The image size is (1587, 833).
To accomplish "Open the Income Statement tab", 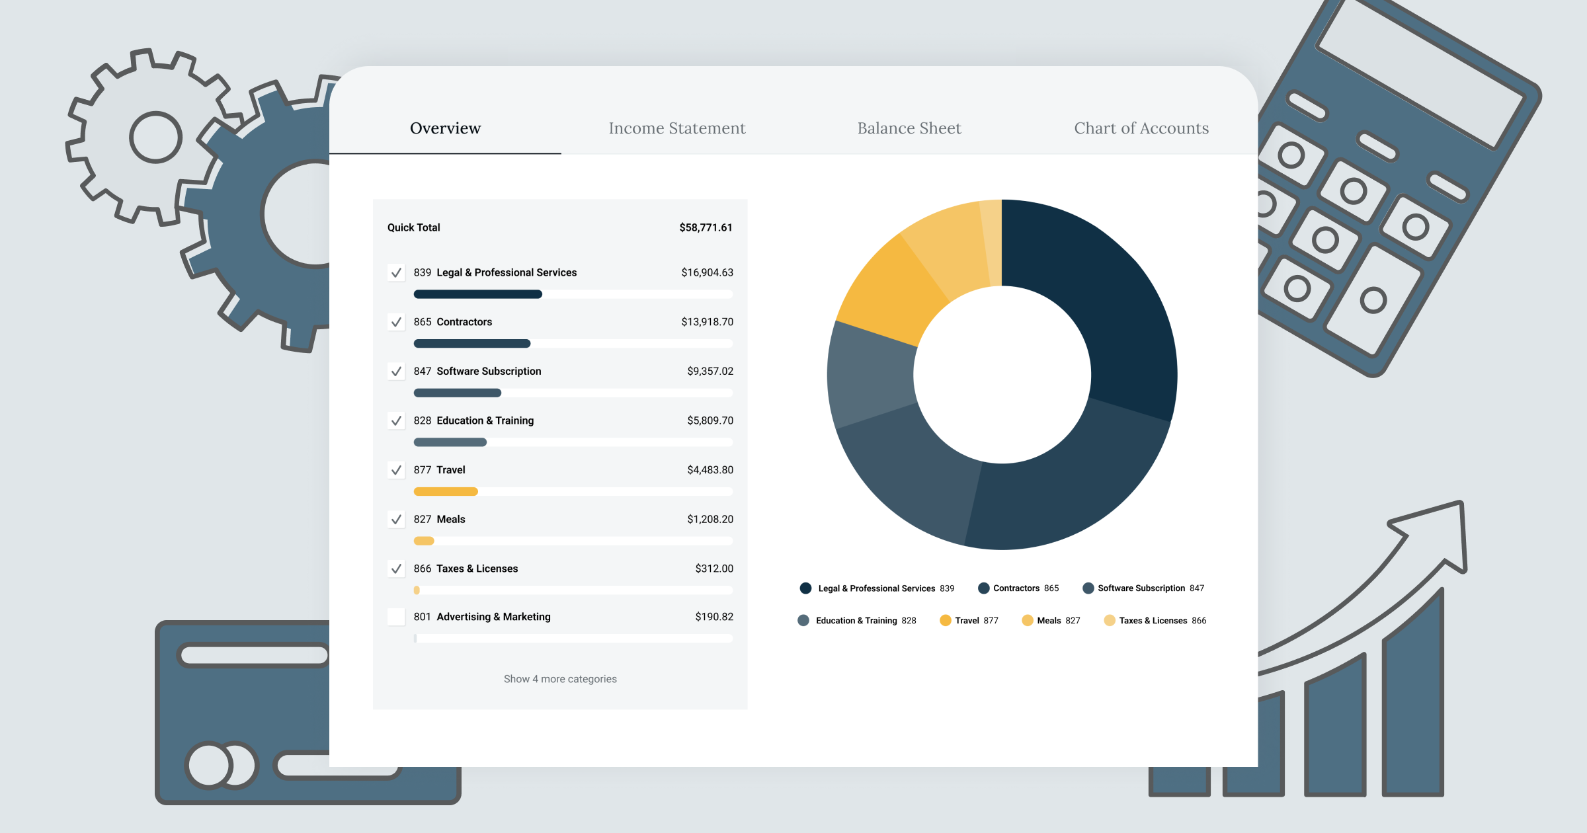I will click(x=676, y=128).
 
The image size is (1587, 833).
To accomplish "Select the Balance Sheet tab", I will click(x=909, y=128).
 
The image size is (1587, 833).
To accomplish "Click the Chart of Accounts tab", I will click(x=1141, y=128).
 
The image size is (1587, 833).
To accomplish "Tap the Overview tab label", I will click(x=445, y=128).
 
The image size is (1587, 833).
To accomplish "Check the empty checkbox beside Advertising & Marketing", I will click(x=396, y=617).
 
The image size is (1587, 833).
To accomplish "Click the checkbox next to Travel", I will click(x=396, y=470).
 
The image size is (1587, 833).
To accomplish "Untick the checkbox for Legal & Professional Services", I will click(x=396, y=272).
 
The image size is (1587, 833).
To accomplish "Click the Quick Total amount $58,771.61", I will click(x=706, y=227).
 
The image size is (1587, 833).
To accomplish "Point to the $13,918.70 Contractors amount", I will click(x=707, y=322).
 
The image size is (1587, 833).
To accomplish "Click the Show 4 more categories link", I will click(x=560, y=679).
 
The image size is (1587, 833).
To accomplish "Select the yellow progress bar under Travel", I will click(x=445, y=491).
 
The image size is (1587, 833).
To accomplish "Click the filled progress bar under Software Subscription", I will click(x=457, y=393).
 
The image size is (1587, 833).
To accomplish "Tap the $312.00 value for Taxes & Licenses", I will click(x=713, y=569).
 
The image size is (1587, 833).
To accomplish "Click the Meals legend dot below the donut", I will click(x=1027, y=620).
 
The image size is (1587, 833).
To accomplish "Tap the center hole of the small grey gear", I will click(x=155, y=138).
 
